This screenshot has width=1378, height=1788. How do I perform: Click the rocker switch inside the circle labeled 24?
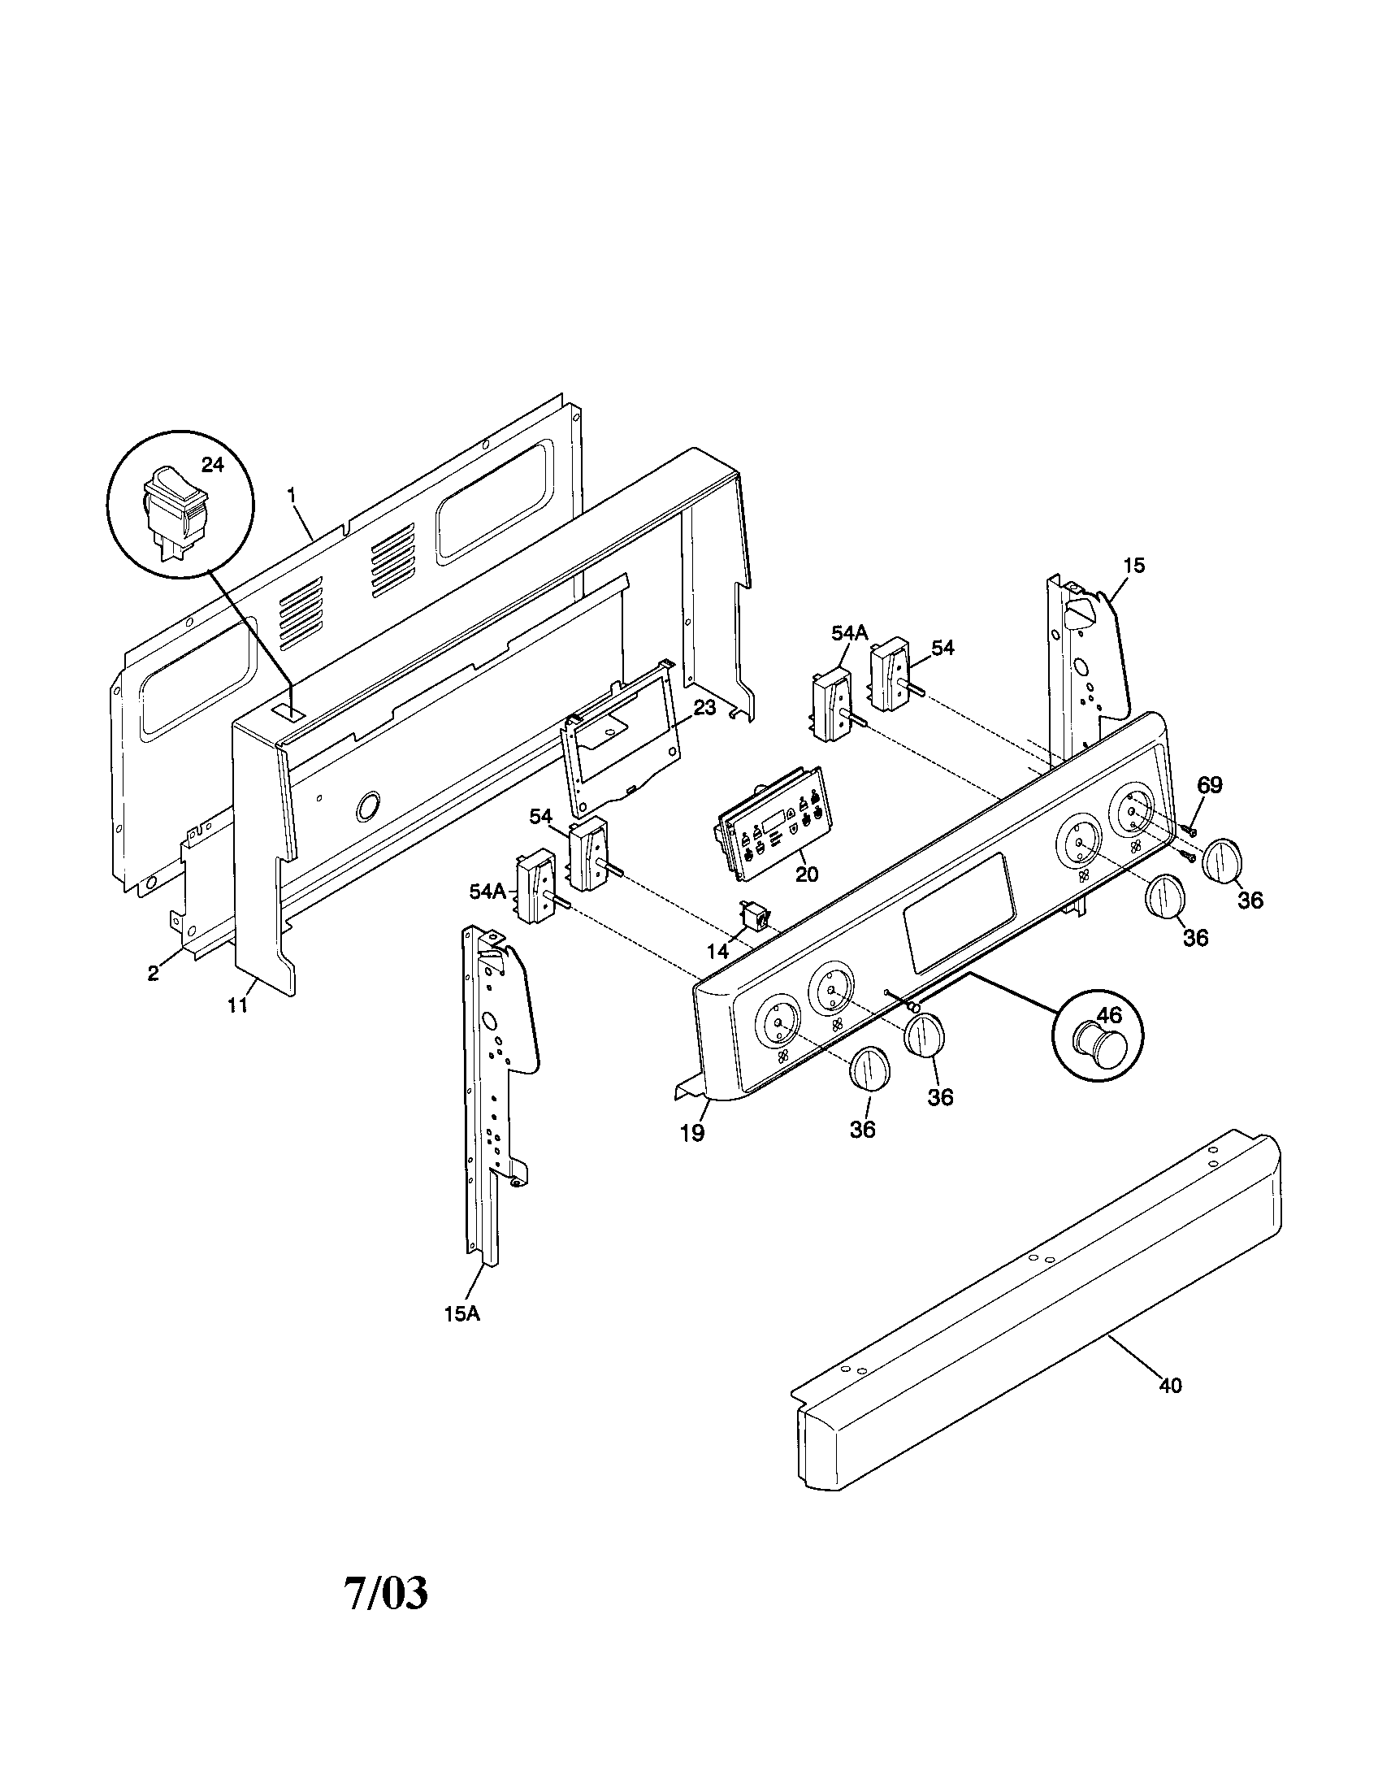tap(175, 510)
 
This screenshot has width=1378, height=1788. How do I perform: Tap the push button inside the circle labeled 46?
tap(1098, 1047)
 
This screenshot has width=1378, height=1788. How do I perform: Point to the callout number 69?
tap(1210, 785)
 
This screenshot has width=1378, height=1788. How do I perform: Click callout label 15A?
tap(461, 1314)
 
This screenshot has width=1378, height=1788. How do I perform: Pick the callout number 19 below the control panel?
tap(692, 1133)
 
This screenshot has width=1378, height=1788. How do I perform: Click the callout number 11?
tap(237, 1006)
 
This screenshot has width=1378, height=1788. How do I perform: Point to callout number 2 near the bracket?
tap(153, 974)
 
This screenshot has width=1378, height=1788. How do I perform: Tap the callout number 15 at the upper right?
tap(1133, 565)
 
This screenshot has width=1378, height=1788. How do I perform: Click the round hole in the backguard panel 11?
tap(367, 806)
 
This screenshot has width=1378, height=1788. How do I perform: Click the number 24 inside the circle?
tap(212, 465)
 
